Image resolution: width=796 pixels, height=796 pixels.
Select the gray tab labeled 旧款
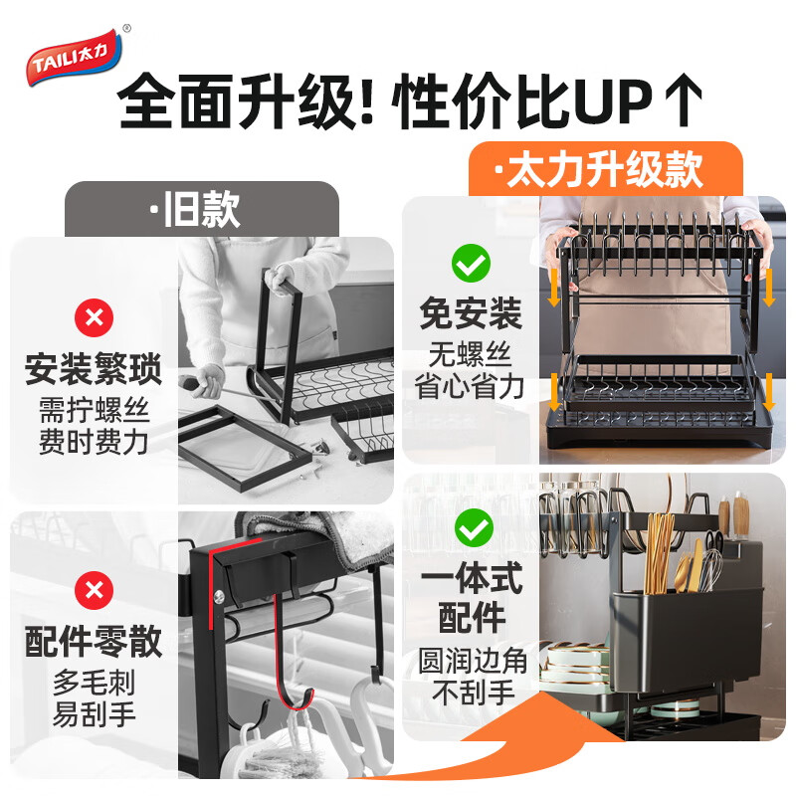(202, 209)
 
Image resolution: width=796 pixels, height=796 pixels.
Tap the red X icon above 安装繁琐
(95, 318)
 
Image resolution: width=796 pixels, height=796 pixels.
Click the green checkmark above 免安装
(471, 264)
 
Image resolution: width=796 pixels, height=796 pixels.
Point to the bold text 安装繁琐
(95, 370)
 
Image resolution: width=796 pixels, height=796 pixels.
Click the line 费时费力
(95, 441)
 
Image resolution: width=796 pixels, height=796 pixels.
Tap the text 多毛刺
(95, 684)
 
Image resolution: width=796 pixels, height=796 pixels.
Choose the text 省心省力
(471, 385)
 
